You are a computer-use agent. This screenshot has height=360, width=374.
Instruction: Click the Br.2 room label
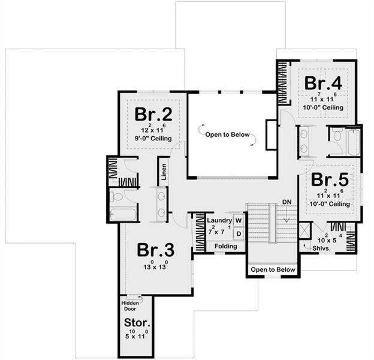[x=153, y=114]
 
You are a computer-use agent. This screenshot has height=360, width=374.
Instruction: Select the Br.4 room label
[x=322, y=83]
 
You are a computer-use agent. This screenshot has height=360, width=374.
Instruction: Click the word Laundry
[x=218, y=221]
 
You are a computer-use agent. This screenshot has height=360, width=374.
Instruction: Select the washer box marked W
[x=238, y=221]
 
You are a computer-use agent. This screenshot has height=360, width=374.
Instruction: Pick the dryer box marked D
[x=238, y=233]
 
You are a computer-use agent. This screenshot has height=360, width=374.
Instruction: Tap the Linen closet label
[x=163, y=172]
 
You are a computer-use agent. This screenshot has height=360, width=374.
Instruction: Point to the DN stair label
[x=286, y=202]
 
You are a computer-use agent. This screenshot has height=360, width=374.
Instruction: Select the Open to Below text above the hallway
[x=227, y=134]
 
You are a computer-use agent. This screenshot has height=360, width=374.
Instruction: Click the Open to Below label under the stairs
[x=273, y=269]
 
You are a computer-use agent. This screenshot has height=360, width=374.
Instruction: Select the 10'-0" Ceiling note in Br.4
[x=323, y=107]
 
